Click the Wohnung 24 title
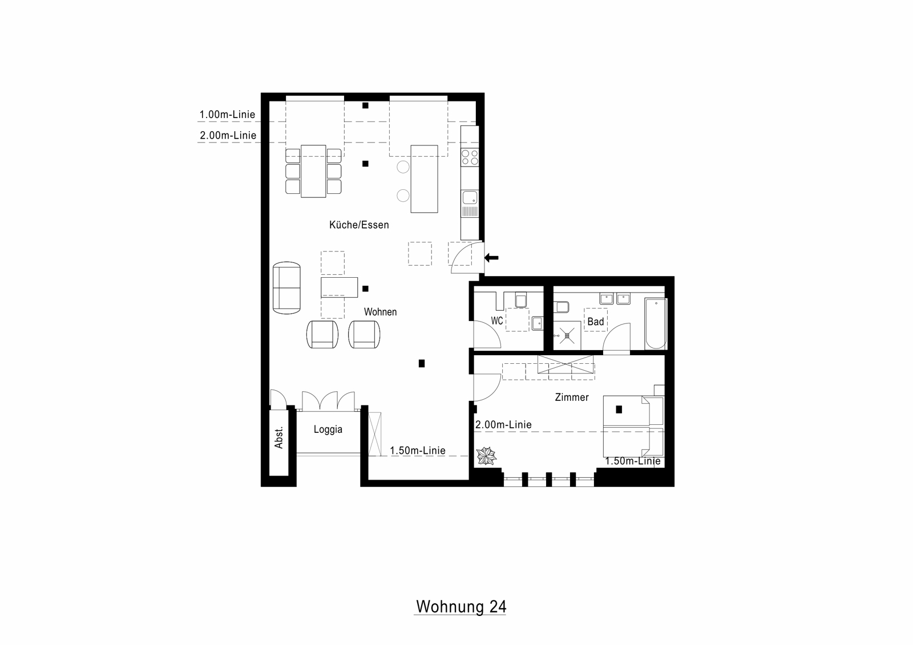(x=461, y=606)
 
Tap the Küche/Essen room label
(x=359, y=225)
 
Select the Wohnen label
(x=380, y=312)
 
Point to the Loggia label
(x=328, y=429)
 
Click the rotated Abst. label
(x=279, y=438)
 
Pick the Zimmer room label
(x=572, y=397)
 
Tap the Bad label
(x=596, y=322)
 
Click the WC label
(x=497, y=321)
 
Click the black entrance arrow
(x=491, y=258)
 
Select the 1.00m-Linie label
(x=227, y=115)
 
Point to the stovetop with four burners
(x=470, y=157)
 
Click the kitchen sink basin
(x=470, y=198)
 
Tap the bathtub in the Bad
(x=656, y=323)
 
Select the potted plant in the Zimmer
(x=486, y=456)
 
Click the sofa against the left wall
(x=286, y=287)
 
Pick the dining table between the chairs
(x=313, y=171)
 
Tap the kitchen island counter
(x=425, y=179)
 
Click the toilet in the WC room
(x=521, y=300)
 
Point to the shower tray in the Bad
(x=567, y=335)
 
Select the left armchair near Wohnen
(x=322, y=334)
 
